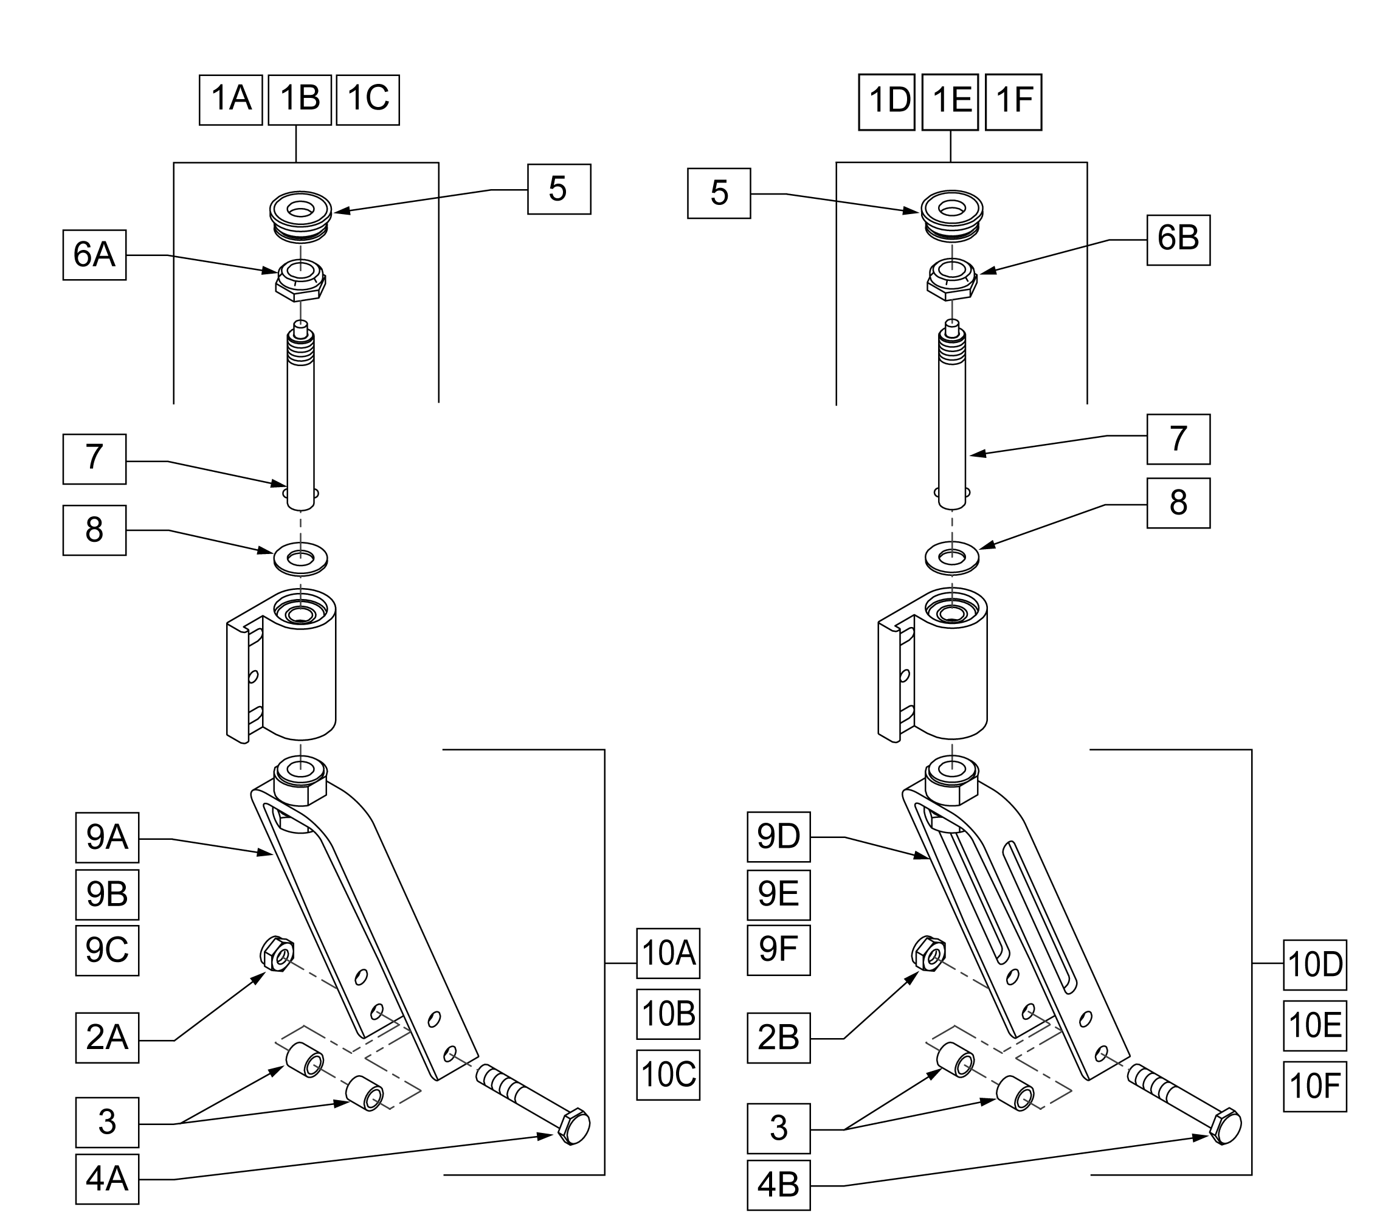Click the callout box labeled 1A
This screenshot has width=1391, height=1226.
tap(230, 100)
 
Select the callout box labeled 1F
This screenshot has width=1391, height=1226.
tap(1013, 102)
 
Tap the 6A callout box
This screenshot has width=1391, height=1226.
tap(95, 255)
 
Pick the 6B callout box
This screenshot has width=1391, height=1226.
tap(1179, 240)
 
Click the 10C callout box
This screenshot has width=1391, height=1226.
tap(668, 1075)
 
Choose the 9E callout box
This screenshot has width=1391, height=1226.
tap(779, 895)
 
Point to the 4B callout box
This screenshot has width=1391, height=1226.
tap(779, 1185)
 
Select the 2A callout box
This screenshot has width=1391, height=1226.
tap(108, 1037)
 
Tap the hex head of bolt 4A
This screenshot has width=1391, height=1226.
tap(574, 1127)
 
